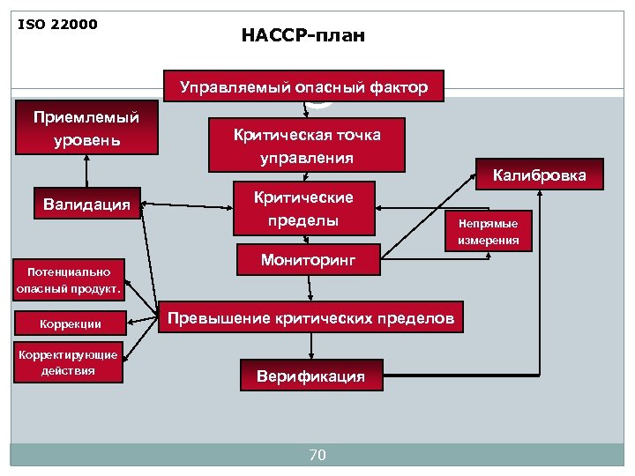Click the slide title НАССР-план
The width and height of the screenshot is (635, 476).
click(x=303, y=36)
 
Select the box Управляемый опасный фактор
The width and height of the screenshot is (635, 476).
click(x=304, y=87)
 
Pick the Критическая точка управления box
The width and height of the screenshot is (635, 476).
click(x=307, y=145)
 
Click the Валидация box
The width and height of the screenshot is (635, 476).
click(x=86, y=205)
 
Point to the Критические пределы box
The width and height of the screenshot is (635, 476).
click(x=304, y=210)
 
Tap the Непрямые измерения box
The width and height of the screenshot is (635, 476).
click(x=488, y=231)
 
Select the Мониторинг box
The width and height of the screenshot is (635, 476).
click(x=308, y=261)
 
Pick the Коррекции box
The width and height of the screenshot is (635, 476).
click(x=71, y=324)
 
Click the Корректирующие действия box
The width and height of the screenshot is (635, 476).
click(x=68, y=362)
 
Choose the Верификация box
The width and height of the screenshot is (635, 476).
click(x=310, y=376)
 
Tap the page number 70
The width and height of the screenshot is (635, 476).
click(x=317, y=455)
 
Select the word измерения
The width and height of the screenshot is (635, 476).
click(x=489, y=239)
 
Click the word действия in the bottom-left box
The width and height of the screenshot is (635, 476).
click(x=68, y=370)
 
